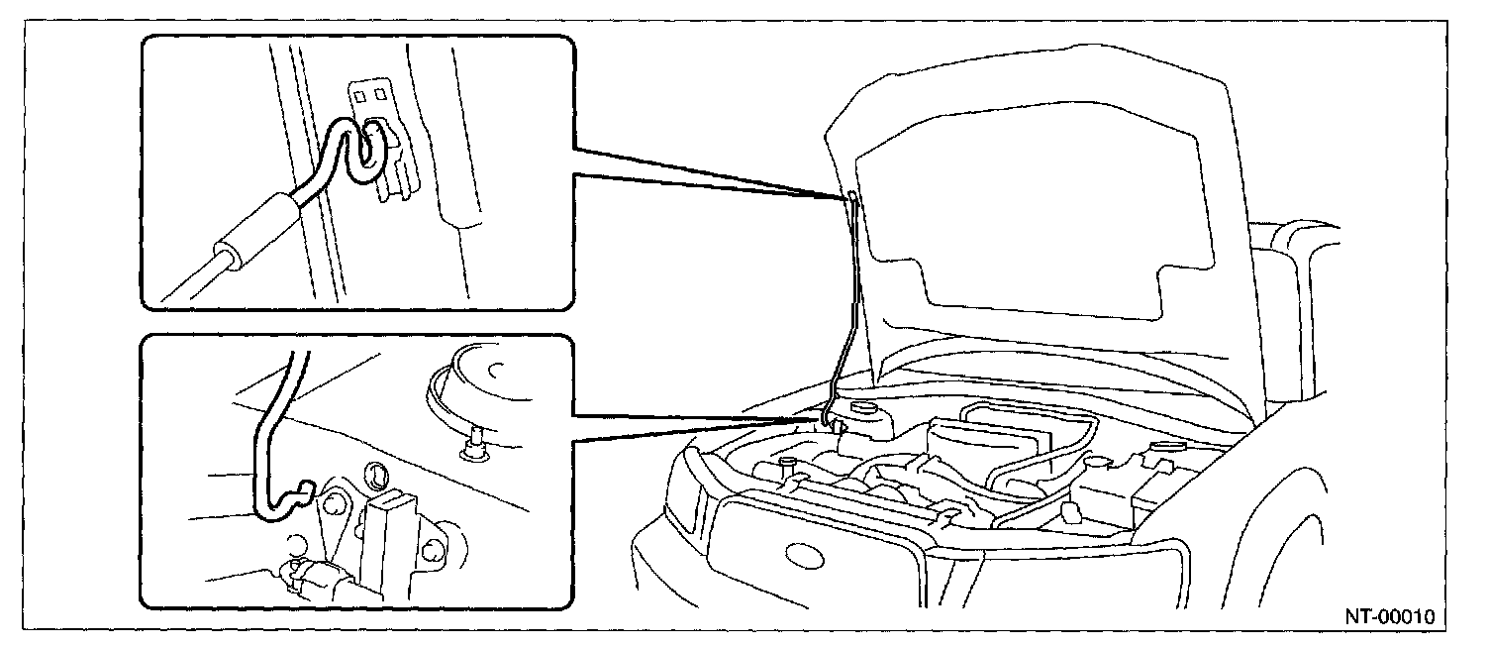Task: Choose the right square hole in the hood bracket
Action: (379, 96)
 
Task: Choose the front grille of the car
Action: (822, 540)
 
